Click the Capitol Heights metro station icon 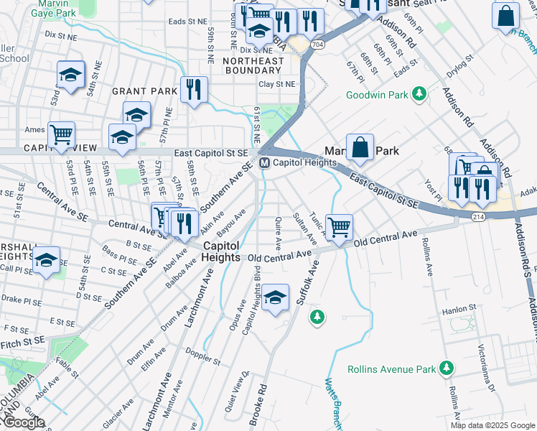[x=264, y=163]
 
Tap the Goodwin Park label [x=377, y=95]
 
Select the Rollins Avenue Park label [x=392, y=369]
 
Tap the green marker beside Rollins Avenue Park [x=447, y=369]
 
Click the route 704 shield [x=317, y=44]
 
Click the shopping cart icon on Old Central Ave [x=339, y=227]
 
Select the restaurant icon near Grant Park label [x=194, y=89]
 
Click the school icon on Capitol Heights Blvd [x=275, y=298]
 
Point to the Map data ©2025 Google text [x=492, y=425]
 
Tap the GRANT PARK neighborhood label [x=144, y=91]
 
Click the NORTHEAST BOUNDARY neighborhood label [x=253, y=65]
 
